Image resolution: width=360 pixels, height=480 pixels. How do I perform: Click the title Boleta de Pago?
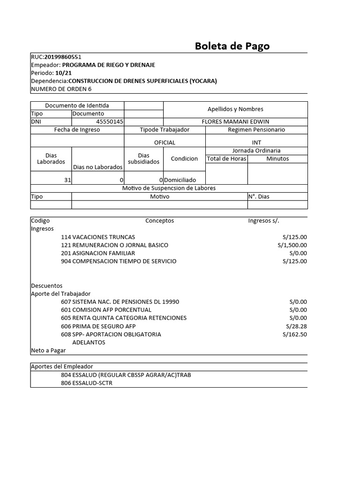[x=232, y=46]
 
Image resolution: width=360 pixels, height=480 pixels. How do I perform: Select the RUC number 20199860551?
[x=66, y=57]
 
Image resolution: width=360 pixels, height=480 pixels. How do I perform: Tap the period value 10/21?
[x=63, y=73]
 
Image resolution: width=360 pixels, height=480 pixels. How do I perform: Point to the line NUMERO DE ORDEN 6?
[x=61, y=89]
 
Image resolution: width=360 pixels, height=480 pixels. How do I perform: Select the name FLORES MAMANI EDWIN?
[x=235, y=121]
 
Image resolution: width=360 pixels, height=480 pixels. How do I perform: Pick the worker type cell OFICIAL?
[x=165, y=142]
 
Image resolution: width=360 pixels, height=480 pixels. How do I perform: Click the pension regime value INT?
[x=256, y=142]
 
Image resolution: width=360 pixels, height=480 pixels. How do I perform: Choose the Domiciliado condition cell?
[x=180, y=180]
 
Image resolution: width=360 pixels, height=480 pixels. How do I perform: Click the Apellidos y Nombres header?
[x=235, y=109]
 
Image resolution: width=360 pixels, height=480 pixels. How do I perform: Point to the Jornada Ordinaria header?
[x=256, y=150]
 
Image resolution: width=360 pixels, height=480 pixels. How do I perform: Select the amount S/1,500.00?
[x=292, y=245]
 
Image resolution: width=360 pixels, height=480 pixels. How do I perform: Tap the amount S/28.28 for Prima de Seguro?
[x=296, y=326]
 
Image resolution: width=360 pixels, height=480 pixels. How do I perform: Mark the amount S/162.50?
[x=295, y=334]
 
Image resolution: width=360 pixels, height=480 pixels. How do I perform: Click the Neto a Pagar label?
[x=48, y=350]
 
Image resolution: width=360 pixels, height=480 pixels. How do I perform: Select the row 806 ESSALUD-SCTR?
[x=87, y=383]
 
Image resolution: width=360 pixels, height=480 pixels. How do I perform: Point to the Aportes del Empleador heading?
[x=62, y=366]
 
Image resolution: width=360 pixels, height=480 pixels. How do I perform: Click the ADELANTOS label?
[x=89, y=342]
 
